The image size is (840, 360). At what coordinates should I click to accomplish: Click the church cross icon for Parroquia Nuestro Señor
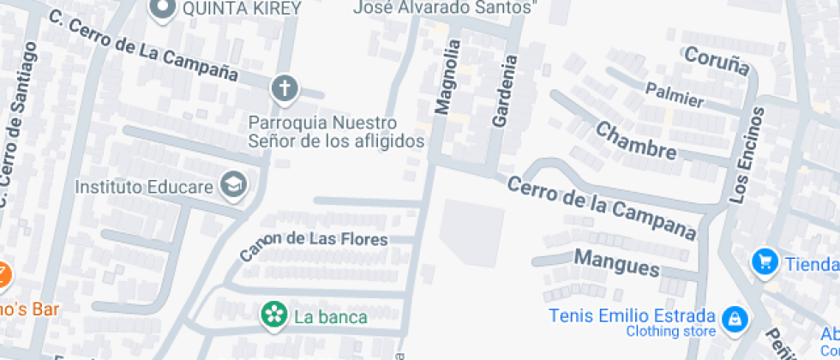[285, 87]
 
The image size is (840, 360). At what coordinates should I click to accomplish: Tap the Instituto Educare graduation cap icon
[233, 184]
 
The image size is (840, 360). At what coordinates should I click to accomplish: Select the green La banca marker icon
[274, 315]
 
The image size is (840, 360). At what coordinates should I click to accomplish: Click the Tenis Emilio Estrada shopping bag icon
[734, 320]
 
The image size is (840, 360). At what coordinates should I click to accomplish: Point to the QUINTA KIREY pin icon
[161, 9]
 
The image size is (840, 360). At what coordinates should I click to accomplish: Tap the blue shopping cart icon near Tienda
[765, 262]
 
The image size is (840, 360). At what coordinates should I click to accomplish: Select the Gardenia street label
[505, 92]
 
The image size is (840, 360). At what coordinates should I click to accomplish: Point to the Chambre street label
[635, 141]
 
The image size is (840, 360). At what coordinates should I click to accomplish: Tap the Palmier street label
[675, 94]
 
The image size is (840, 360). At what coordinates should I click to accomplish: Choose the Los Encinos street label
[747, 155]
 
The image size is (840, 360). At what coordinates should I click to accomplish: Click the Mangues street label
[617, 262]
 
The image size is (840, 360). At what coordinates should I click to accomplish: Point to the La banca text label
[330, 317]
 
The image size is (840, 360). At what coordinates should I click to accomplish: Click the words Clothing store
[670, 331]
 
